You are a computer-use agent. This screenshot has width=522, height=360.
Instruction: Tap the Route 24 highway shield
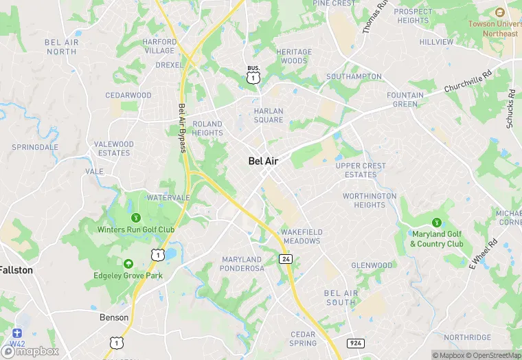(285, 258)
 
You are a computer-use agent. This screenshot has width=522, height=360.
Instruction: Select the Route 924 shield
(356, 342)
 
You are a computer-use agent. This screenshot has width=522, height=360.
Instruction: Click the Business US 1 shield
(254, 76)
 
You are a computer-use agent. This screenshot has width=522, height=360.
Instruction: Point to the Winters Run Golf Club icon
(135, 218)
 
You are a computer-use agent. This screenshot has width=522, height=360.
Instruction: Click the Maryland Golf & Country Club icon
(437, 222)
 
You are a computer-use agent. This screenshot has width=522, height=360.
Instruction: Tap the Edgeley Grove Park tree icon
(128, 264)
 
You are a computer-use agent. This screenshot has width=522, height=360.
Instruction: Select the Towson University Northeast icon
(499, 12)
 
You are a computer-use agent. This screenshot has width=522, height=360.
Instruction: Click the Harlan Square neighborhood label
(268, 115)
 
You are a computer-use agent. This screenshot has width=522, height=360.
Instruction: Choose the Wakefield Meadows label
(302, 236)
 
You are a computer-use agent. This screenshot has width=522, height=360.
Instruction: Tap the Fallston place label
(16, 270)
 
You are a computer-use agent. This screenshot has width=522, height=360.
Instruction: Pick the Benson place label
(114, 317)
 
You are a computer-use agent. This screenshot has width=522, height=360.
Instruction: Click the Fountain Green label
(405, 100)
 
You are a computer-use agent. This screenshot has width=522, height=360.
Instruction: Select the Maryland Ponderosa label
(242, 264)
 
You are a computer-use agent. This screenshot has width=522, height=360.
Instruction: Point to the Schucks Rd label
(510, 108)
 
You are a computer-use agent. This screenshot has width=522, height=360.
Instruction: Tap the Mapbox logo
(32, 351)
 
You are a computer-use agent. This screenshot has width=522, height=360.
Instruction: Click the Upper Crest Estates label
(361, 170)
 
